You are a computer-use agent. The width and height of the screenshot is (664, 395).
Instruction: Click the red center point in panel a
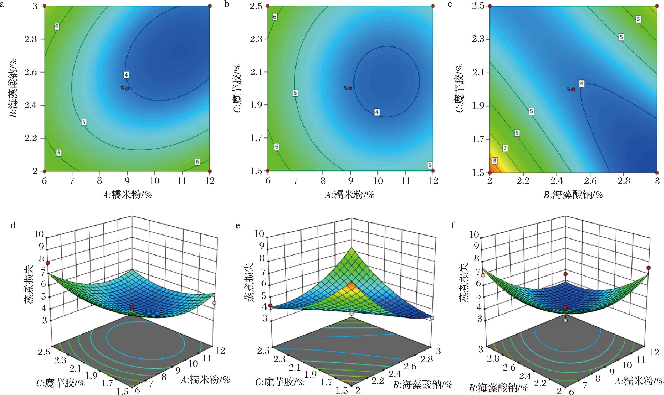pyautogui.click(x=127, y=89)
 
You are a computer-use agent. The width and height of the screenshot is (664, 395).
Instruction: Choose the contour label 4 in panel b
pyautogui.click(x=377, y=112)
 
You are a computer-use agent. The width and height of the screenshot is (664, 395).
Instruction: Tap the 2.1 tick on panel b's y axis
pyautogui.click(x=256, y=72)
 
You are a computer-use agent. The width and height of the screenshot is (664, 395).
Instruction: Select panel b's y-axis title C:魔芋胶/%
pyautogui.click(x=237, y=88)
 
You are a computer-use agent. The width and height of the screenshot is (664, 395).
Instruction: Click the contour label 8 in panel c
pyautogui.click(x=495, y=161)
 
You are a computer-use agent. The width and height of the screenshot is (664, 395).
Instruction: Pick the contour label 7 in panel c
pyautogui.click(x=505, y=148)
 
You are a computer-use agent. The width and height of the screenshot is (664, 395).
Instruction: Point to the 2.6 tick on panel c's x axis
pyautogui.click(x=590, y=181)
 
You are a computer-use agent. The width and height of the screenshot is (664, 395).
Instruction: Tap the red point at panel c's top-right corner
pyautogui.click(x=657, y=6)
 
